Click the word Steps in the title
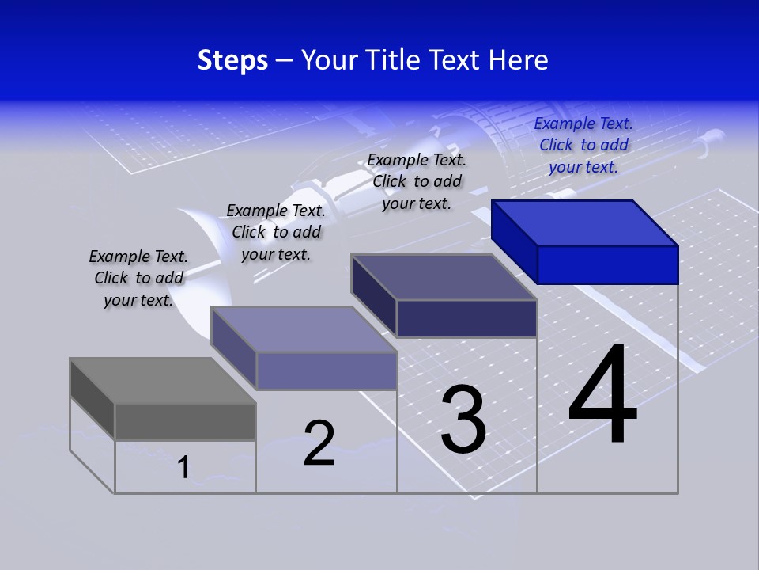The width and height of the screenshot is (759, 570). pyautogui.click(x=232, y=60)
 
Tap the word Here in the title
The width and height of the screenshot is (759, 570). pyautogui.click(x=518, y=60)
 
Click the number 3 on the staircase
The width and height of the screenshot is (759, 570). pyautogui.click(x=463, y=420)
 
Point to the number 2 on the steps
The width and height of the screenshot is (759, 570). pyautogui.click(x=319, y=443)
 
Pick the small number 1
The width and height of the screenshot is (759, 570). pyautogui.click(x=183, y=467)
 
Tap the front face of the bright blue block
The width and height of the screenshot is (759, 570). pyautogui.click(x=607, y=264)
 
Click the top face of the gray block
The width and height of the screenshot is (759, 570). pyautogui.click(x=163, y=381)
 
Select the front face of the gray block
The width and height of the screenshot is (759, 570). pyautogui.click(x=185, y=421)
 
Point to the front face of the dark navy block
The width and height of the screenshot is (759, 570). pyautogui.click(x=466, y=318)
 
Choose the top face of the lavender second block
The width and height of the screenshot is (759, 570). pyautogui.click(x=304, y=329)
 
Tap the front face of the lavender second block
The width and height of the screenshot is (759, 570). pyautogui.click(x=326, y=370)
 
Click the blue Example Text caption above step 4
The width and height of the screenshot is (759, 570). pyautogui.click(x=583, y=145)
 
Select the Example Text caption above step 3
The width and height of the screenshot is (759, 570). pyautogui.click(x=417, y=181)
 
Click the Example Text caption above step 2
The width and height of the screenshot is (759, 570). pyautogui.click(x=276, y=232)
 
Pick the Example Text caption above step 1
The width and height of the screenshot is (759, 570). pyautogui.click(x=138, y=278)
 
